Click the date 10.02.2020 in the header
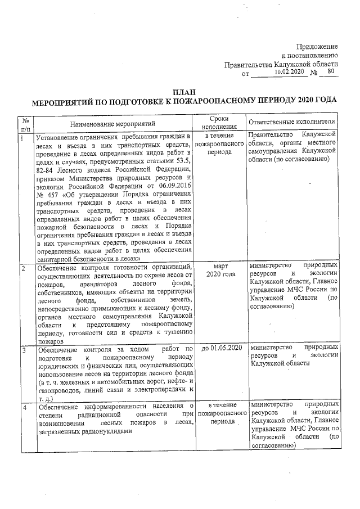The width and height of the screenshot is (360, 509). point(288,72)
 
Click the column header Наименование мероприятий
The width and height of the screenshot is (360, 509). point(112,123)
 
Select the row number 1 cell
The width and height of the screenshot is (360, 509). point(22,137)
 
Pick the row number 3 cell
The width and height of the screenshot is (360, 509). point(23,350)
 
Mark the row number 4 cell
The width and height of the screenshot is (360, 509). point(23,404)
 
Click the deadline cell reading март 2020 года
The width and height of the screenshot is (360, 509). point(219,269)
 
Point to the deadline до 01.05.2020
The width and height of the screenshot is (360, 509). point(219,349)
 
